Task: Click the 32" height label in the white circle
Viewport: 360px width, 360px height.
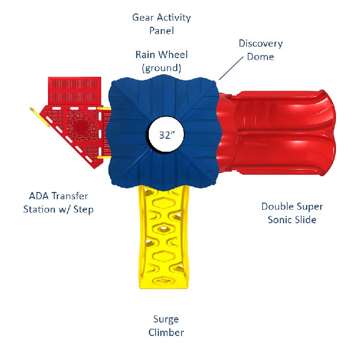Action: [167, 135]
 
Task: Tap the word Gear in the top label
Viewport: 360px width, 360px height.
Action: [143, 18]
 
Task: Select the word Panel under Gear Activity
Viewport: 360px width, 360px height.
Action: [161, 31]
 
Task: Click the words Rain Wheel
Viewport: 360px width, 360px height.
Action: [161, 55]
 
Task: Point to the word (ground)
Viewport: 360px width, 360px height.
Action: [161, 68]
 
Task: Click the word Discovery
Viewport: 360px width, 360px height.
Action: [261, 44]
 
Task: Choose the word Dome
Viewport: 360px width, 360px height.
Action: [260, 57]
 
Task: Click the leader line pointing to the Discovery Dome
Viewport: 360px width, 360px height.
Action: [231, 68]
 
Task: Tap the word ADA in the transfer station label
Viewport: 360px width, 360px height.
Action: [39, 196]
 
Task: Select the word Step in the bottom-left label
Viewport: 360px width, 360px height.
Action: [84, 210]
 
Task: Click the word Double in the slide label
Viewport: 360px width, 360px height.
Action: [276, 206]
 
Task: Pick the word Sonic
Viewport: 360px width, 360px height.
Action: [280, 220]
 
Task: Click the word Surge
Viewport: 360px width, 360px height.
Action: [166, 319]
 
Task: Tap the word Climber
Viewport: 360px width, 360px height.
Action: [166, 333]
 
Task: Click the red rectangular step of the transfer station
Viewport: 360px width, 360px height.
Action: [74, 91]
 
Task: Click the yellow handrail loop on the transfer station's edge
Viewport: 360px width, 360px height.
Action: [40, 117]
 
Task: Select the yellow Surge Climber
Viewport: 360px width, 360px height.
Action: [164, 237]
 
